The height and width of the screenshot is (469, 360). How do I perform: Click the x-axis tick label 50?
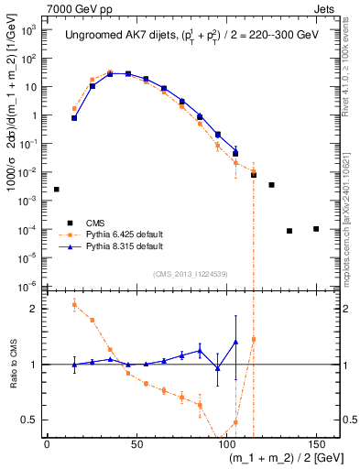click(136, 443)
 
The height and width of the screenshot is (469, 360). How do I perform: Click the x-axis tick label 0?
click(47, 443)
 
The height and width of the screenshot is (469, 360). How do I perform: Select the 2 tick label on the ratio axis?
click(34, 309)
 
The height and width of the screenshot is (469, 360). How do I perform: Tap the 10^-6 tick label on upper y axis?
click(27, 284)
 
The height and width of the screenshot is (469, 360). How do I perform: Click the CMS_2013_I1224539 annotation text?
click(189, 273)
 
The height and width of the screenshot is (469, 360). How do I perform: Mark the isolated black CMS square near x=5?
click(56, 190)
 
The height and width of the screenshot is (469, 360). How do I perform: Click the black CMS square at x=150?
click(316, 228)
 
